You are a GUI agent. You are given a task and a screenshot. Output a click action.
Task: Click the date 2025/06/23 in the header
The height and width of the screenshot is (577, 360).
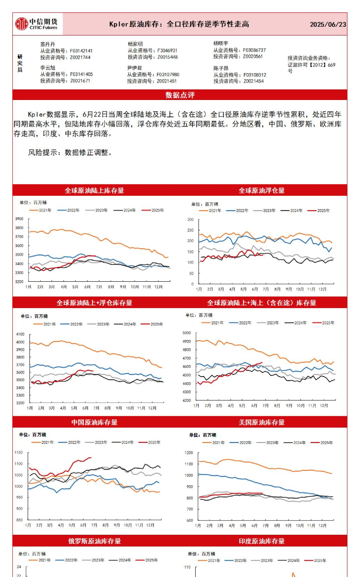328,24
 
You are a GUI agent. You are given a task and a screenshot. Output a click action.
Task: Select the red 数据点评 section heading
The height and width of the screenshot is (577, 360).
180,95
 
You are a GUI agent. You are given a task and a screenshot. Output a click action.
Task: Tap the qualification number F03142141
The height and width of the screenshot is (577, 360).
81,51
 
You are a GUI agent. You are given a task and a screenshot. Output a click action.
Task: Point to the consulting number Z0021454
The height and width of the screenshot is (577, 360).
254,81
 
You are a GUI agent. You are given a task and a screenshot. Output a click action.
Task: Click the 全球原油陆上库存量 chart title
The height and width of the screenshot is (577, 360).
94,191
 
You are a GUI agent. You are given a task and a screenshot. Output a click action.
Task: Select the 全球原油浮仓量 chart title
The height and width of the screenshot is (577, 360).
262,191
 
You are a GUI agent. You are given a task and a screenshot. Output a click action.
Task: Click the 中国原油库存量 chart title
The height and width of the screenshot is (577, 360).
94,422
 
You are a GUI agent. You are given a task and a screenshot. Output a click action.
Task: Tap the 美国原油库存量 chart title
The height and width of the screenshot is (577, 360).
262,422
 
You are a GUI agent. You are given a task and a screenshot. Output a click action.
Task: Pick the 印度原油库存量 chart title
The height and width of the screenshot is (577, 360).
262,541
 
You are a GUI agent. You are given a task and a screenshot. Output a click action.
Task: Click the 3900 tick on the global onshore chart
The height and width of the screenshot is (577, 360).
19,219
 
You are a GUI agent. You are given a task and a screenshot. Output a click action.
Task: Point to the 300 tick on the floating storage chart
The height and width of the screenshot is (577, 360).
190,219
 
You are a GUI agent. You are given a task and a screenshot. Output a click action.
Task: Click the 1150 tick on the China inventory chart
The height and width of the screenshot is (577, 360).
19,452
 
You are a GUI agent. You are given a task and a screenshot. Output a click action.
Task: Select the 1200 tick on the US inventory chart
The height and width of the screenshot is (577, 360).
189,453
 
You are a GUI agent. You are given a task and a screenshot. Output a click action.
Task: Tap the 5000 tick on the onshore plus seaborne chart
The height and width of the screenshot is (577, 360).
187,333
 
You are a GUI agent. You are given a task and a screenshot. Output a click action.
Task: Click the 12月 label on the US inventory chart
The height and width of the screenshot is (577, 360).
322,525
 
